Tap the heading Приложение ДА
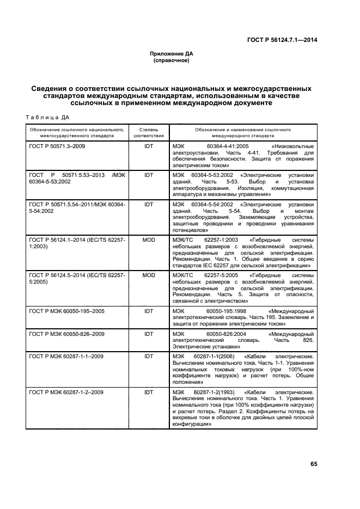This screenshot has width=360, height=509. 172,54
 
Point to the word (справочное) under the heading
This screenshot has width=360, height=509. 172,60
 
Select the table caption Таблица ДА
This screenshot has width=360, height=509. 47,117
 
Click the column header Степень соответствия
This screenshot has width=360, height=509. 149,133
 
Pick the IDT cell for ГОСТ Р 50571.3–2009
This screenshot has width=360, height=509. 149,146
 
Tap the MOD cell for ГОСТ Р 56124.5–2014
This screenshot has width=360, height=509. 149,275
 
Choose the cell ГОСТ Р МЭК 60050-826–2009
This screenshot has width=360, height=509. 64,333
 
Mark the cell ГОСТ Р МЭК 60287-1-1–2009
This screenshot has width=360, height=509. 63,356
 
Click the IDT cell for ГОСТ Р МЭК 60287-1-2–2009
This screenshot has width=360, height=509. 149,392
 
